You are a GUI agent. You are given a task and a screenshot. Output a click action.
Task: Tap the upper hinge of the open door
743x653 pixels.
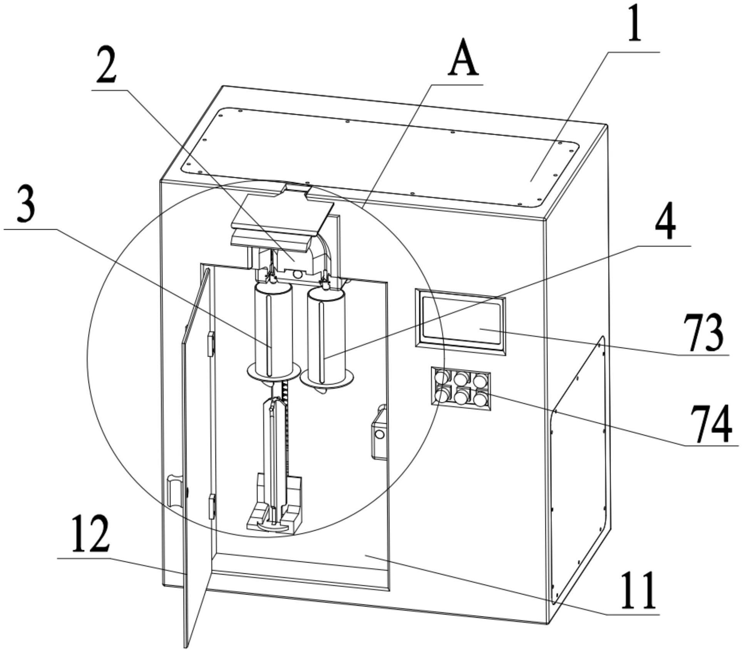point(210,343)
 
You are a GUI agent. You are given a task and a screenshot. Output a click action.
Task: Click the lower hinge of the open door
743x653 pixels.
point(211,507)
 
